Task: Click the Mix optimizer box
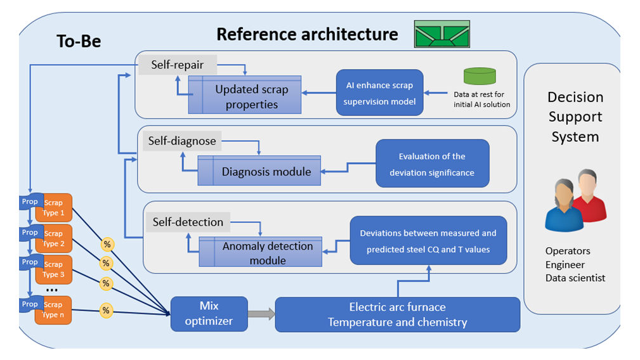[x=209, y=314]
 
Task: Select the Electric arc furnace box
[x=397, y=314]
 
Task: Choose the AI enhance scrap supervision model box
[x=379, y=93]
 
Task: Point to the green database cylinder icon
[x=480, y=76]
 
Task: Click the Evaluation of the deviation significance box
[x=432, y=164]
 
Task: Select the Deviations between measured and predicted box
[x=428, y=241]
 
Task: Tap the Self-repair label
[x=178, y=65]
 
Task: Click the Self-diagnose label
[x=182, y=141]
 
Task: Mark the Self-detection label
[x=188, y=222]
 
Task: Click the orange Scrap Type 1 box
[x=55, y=208]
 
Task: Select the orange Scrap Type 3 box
[x=55, y=269]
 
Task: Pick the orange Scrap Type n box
[x=55, y=310]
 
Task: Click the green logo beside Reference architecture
[x=442, y=34]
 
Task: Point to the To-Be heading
[x=79, y=41]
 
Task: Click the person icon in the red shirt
[x=589, y=196]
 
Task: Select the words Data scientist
[x=575, y=278]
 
